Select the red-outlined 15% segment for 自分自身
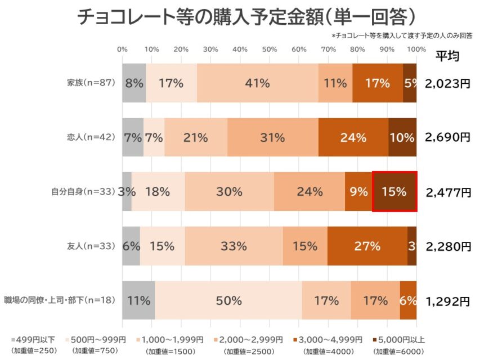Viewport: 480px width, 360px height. click(394, 192)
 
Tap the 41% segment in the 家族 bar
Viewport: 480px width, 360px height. click(257, 83)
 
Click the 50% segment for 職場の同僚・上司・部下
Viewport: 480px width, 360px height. click(228, 300)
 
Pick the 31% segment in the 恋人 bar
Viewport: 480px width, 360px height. click(272, 137)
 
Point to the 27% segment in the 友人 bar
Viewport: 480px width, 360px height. click(367, 246)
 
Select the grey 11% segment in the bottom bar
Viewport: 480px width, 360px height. click(138, 300)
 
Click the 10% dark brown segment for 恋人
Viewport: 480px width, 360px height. click(402, 137)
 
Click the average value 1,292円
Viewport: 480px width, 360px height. click(448, 301)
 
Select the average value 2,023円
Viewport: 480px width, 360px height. click(448, 84)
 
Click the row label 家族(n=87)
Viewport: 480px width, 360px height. click(91, 83)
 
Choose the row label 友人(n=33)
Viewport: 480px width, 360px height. click(91, 246)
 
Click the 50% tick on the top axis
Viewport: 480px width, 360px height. click(269, 49)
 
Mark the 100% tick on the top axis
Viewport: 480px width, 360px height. click(416, 49)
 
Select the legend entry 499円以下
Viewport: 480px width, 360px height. click(34, 340)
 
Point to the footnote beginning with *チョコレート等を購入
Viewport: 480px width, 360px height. click(402, 35)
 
